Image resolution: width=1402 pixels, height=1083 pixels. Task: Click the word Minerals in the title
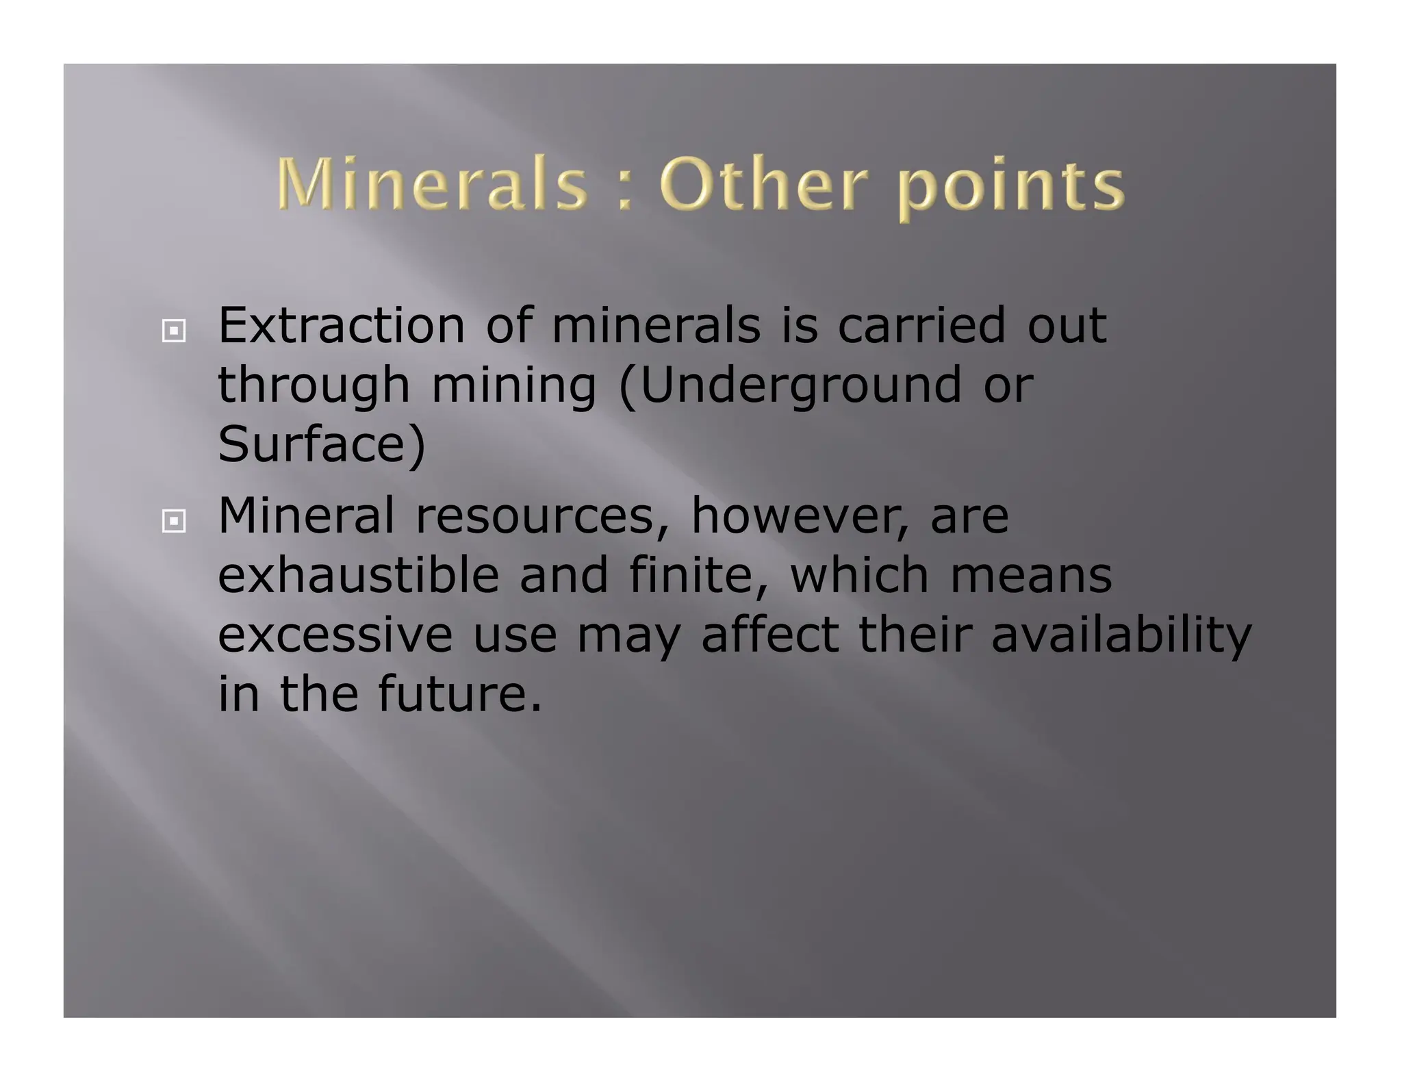433,183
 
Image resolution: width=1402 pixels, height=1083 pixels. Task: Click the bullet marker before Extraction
174,332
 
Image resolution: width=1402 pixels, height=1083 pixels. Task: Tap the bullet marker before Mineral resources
174,522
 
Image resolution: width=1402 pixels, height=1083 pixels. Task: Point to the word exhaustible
358,575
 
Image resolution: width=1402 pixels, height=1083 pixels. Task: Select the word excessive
335,635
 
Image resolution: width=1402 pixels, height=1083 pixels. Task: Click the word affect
769,635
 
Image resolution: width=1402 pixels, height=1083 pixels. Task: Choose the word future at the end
459,694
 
